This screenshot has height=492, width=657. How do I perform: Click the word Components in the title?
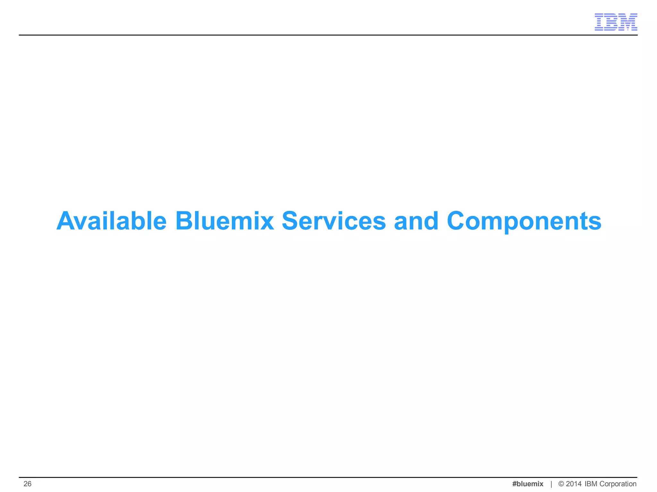tap(524, 222)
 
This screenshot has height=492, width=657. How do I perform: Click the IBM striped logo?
tap(616, 22)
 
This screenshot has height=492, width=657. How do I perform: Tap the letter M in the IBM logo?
tap(628, 22)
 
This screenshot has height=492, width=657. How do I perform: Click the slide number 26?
tap(28, 484)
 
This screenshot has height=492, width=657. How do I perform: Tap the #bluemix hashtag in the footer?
tap(528, 484)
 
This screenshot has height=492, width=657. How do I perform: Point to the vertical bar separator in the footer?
tap(551, 484)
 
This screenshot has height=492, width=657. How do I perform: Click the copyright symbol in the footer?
tap(561, 484)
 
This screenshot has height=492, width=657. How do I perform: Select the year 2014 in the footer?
tap(574, 484)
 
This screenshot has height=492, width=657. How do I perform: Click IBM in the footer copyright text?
tap(591, 484)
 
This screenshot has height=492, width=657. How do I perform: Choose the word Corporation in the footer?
tap(618, 484)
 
